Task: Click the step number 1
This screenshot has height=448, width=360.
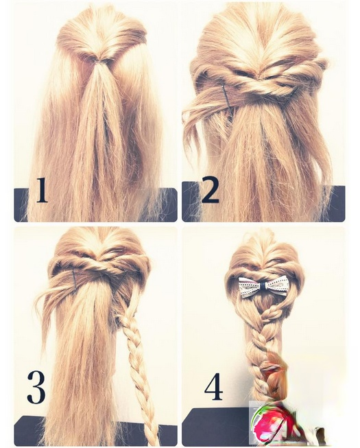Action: click(42, 190)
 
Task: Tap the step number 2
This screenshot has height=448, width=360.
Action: click(210, 190)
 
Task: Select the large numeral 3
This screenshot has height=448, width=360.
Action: click(36, 387)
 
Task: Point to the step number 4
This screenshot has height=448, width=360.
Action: click(213, 386)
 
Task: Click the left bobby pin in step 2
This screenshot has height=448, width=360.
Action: click(227, 97)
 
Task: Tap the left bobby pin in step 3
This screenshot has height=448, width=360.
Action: click(75, 281)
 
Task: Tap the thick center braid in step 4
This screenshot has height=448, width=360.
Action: click(261, 343)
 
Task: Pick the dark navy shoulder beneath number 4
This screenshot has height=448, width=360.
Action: click(217, 426)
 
